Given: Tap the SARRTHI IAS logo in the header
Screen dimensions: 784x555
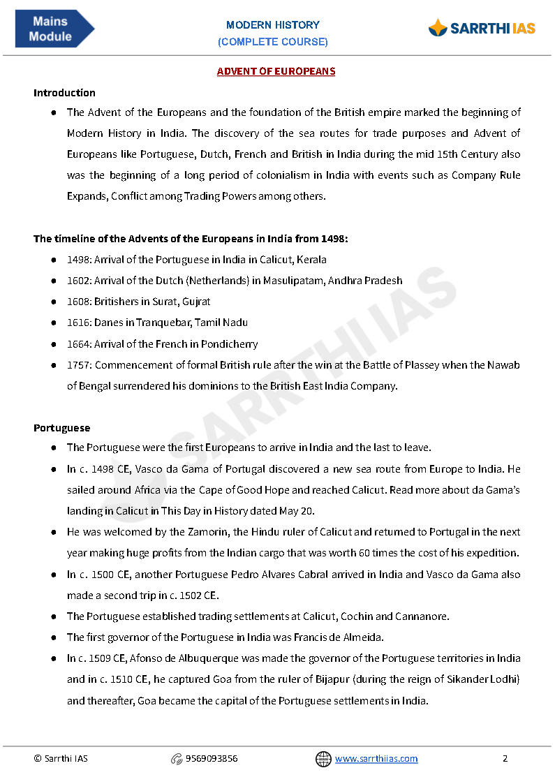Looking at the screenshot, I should click(482, 29).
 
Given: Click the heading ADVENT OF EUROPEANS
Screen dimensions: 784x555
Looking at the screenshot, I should click(276, 71).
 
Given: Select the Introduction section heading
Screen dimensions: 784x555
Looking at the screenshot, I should click(64, 93).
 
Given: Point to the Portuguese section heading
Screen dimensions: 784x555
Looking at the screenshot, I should click(61, 427).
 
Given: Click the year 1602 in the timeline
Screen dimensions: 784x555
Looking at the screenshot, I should click(78, 281).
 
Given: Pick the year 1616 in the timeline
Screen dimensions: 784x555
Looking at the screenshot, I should click(78, 323).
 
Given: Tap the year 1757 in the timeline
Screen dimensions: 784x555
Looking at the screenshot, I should click(78, 365).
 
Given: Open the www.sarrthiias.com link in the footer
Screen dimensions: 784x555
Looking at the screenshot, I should click(376, 759).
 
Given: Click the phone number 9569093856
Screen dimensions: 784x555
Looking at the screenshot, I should click(212, 759).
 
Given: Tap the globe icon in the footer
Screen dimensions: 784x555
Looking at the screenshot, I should click(323, 759).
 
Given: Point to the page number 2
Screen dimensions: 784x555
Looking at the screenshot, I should click(505, 759).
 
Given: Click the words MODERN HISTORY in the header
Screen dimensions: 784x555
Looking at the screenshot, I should click(273, 25).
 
